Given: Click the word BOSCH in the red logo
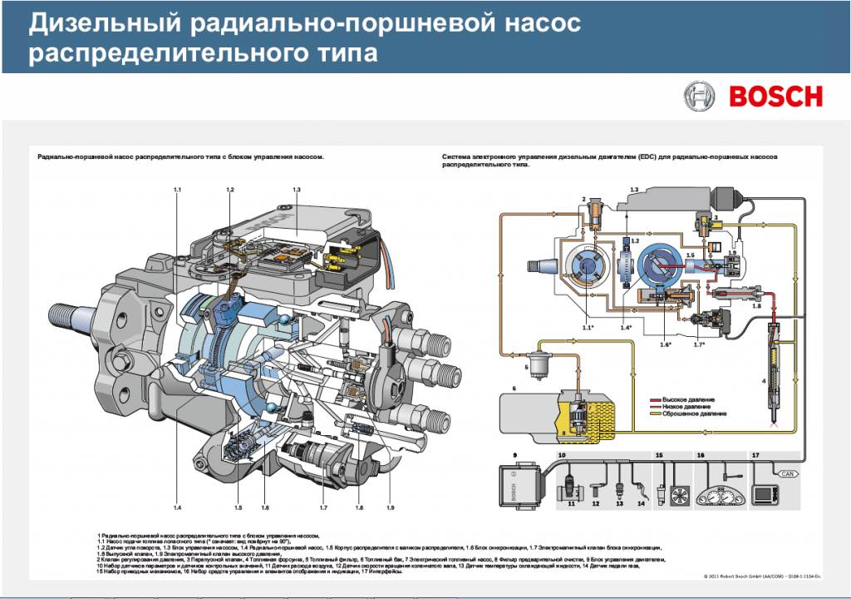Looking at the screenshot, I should [775, 97].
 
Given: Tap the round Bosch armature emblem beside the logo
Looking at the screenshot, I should [698, 97].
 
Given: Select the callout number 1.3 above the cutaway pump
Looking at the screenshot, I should [296, 191].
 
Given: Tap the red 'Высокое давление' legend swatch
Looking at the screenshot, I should [654, 400].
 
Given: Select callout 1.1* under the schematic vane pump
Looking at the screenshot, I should [588, 328].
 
